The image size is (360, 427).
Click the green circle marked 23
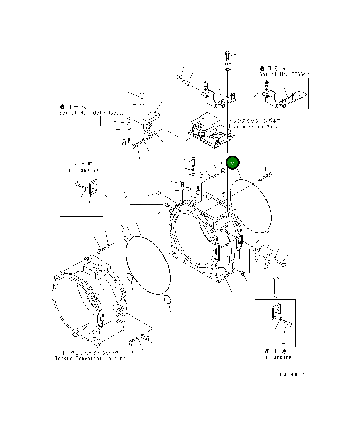[232, 164]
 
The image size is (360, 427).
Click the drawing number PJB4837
[292, 374]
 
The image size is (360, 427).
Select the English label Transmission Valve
[255, 127]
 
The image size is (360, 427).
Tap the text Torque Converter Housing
[90, 358]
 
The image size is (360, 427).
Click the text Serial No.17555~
[284, 74]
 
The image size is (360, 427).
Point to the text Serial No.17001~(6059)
[91, 113]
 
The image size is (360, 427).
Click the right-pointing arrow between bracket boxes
[248, 94]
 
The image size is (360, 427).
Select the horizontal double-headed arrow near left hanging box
[116, 195]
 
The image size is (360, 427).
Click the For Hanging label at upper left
[82, 170]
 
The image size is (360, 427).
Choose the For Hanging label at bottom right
[275, 357]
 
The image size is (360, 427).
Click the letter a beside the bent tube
[124, 142]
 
